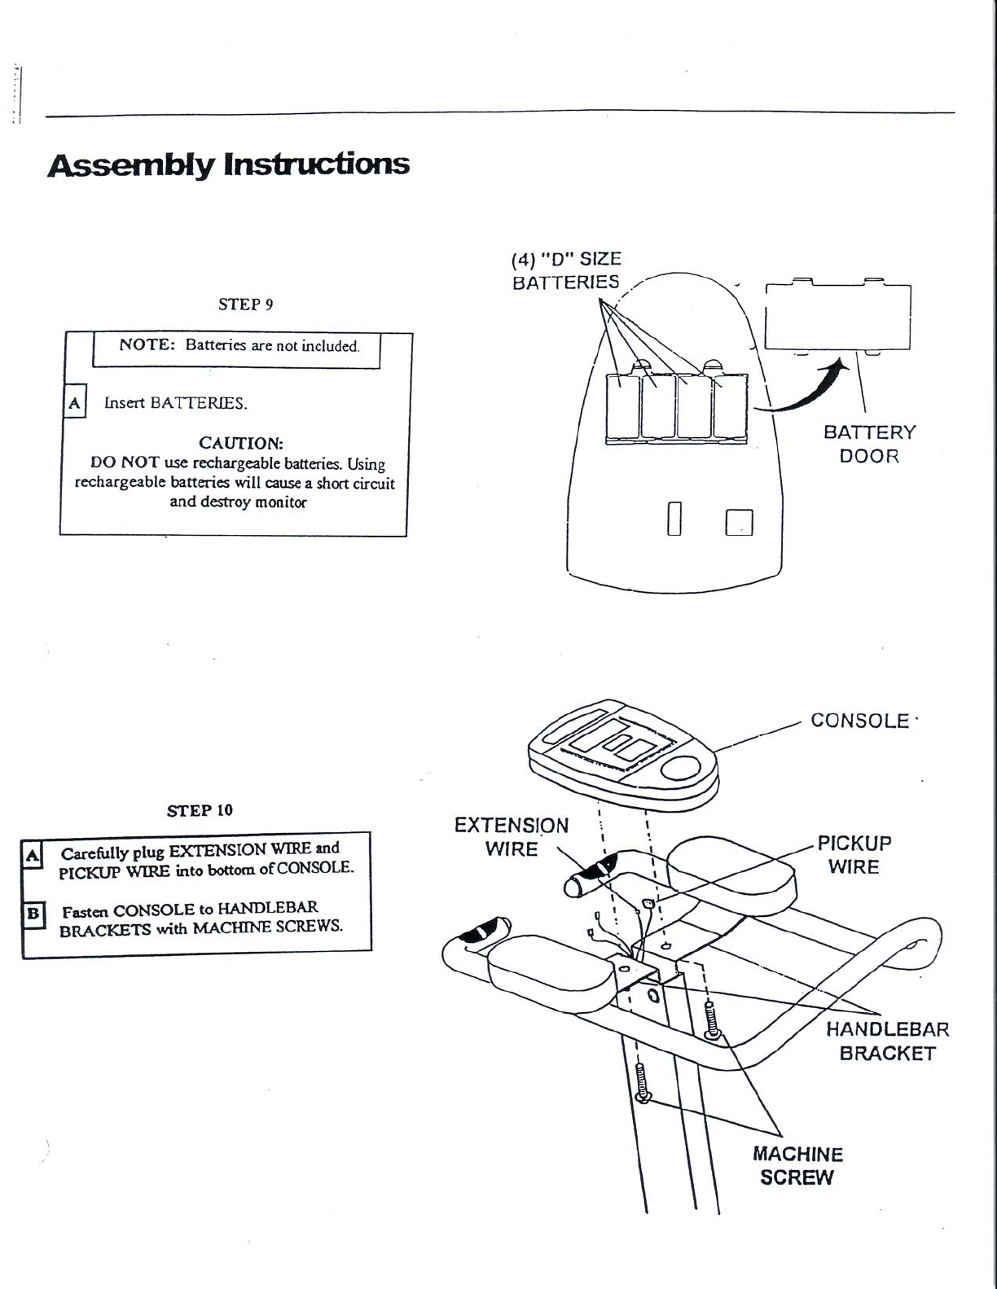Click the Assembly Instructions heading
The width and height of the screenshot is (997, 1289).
click(x=228, y=164)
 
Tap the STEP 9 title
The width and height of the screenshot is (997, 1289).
click(x=245, y=305)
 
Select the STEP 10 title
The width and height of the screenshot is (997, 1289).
click(x=200, y=810)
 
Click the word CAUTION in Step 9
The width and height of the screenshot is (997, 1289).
click(x=241, y=443)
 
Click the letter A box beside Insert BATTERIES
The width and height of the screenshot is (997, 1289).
click(x=74, y=402)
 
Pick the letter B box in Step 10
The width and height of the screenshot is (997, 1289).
click(x=33, y=913)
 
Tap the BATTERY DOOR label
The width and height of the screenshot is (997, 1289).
click(x=869, y=444)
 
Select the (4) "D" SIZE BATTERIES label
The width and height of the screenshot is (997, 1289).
click(x=566, y=271)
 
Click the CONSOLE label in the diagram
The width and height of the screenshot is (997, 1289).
click(x=859, y=721)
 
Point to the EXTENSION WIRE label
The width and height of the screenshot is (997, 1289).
click(x=512, y=837)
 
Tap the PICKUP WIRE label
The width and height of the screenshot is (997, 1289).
click(x=854, y=854)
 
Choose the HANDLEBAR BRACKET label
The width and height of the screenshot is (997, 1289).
click(x=887, y=1041)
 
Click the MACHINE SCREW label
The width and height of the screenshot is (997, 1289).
click(x=797, y=1165)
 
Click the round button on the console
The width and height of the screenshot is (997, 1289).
click(x=682, y=768)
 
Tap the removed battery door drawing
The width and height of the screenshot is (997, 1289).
click(x=838, y=317)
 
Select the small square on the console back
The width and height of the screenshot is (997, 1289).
click(x=740, y=522)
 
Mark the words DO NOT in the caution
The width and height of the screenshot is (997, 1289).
click(x=125, y=463)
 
